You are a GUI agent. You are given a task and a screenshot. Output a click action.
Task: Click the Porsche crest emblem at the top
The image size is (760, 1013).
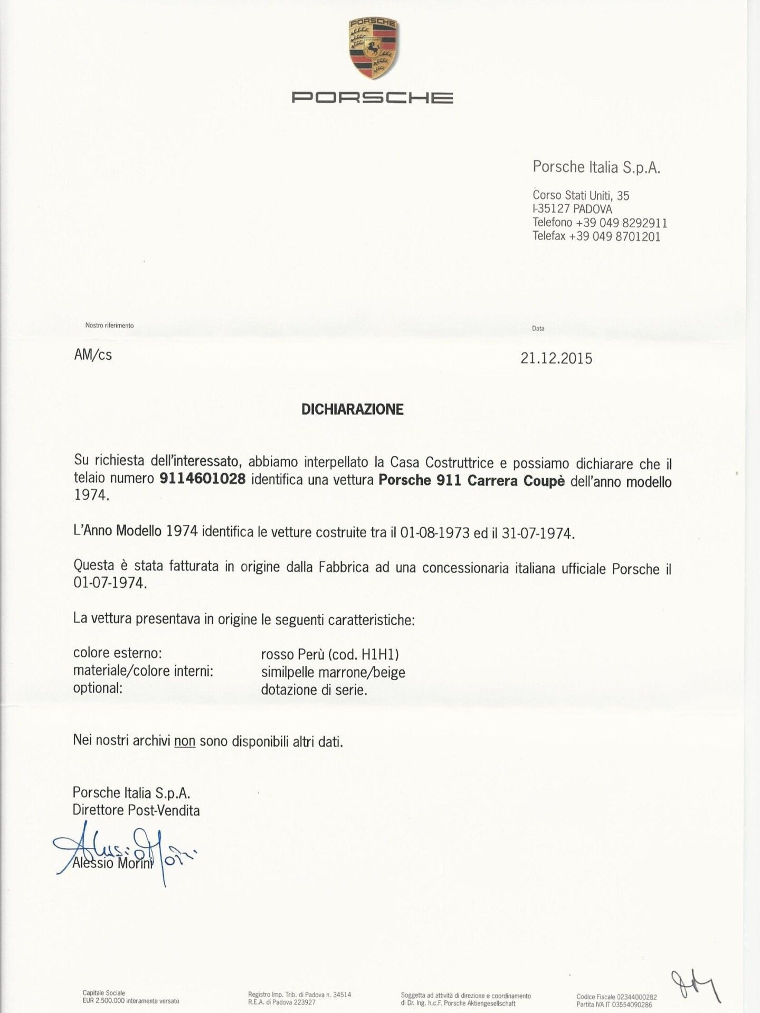(x=373, y=49)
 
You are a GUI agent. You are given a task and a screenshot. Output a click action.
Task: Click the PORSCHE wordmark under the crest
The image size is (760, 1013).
(x=372, y=98)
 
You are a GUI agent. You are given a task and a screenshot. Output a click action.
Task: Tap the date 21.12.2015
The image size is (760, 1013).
(x=556, y=359)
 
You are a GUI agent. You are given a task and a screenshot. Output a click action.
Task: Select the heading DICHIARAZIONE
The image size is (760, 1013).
(x=352, y=409)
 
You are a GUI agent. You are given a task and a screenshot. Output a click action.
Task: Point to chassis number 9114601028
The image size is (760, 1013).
(x=203, y=479)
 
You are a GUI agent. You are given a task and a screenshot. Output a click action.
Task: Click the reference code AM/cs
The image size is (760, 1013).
(x=93, y=355)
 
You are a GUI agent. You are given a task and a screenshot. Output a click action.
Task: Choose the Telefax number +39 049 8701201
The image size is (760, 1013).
(x=614, y=236)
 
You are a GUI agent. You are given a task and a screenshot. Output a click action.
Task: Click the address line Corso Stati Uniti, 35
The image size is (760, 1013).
(x=581, y=195)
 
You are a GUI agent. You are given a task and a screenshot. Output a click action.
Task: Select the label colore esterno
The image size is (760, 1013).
(x=117, y=653)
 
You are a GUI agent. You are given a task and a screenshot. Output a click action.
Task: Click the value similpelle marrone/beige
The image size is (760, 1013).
(x=333, y=673)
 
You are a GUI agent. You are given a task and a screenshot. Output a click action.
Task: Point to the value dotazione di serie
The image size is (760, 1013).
(x=314, y=690)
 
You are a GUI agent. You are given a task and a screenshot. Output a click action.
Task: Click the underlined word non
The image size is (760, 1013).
(x=185, y=741)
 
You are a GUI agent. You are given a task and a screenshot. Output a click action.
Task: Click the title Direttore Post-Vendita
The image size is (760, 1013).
(x=136, y=810)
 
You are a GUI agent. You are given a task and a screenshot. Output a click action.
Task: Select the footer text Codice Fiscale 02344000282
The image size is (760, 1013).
(x=616, y=997)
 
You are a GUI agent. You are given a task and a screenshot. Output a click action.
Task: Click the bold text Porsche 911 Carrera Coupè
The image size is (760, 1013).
(x=472, y=481)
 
